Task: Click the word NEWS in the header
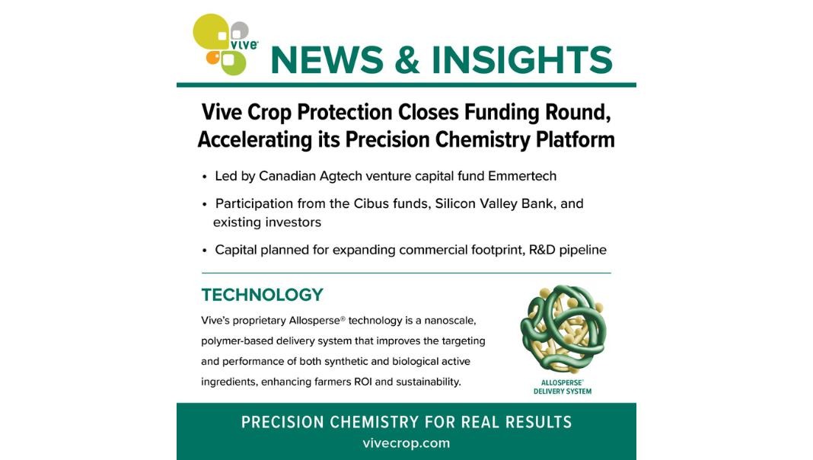327,59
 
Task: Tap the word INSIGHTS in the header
522,59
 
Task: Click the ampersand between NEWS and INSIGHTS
407,59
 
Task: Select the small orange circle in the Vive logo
213,57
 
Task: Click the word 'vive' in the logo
244,45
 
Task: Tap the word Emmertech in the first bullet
522,177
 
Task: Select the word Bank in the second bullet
539,204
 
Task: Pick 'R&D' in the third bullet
542,250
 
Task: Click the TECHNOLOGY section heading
263,295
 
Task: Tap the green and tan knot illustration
563,328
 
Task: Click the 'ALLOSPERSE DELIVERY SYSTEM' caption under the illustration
563,388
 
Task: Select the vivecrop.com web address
406,443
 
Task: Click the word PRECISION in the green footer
282,422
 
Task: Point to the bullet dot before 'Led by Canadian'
205,177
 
